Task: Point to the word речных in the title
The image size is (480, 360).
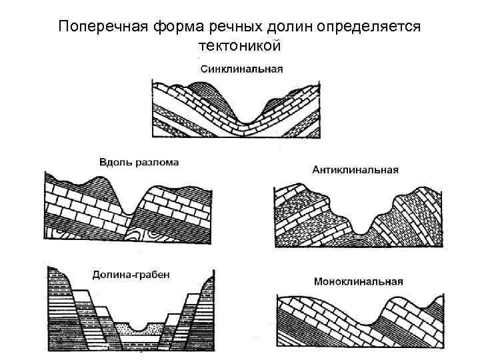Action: (229, 27)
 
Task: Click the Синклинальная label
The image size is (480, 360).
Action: (241, 69)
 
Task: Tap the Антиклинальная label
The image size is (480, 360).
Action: (355, 169)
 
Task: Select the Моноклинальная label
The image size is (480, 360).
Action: (357, 281)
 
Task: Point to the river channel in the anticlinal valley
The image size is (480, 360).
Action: (360, 231)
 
